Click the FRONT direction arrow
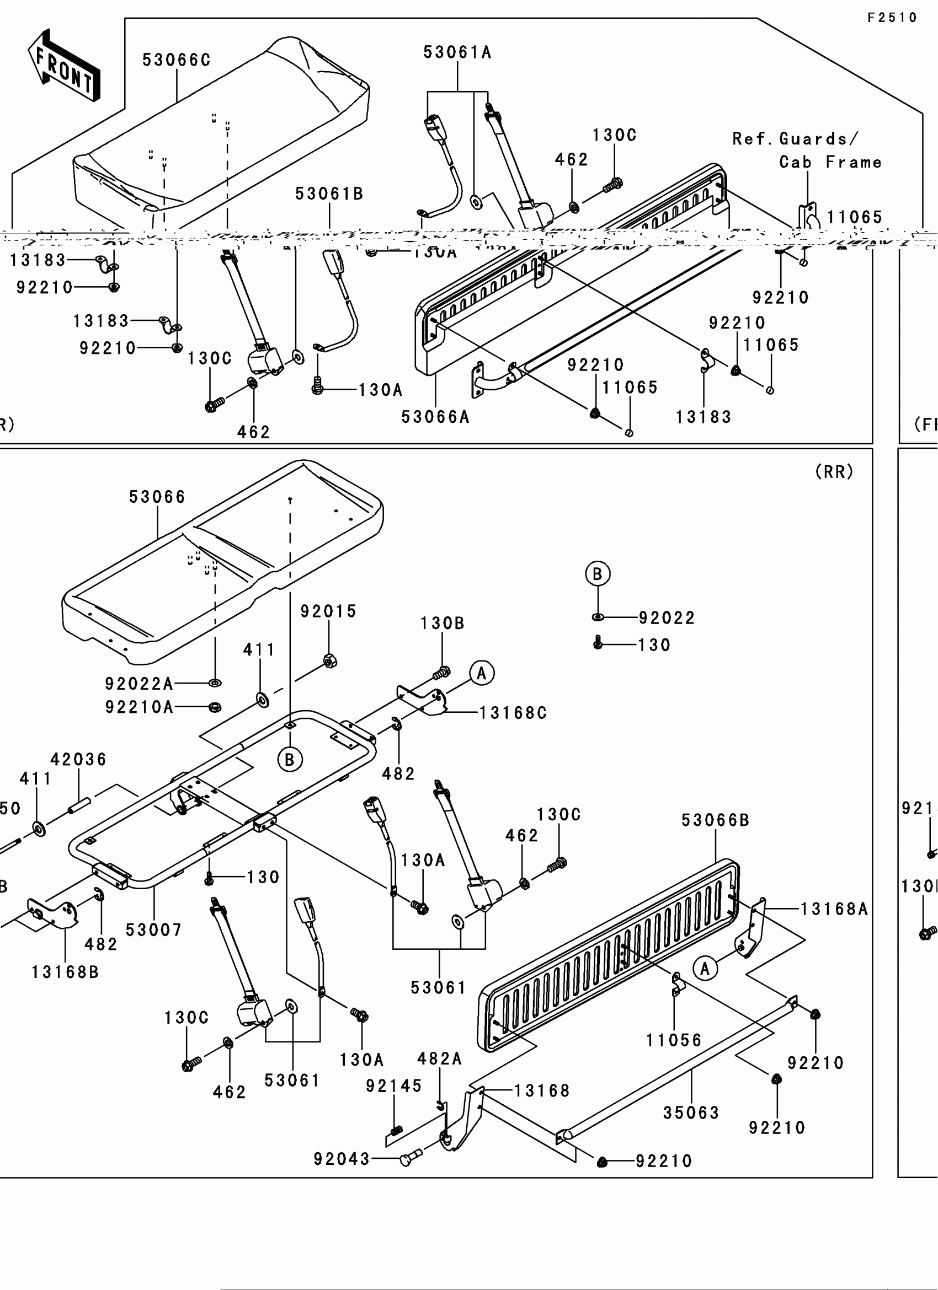[64, 66]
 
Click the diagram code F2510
[892, 18]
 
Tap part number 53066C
[177, 60]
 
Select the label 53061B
[329, 195]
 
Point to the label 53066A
[435, 417]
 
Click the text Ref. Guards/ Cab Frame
[807, 150]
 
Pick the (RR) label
[834, 472]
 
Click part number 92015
[328, 612]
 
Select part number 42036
[78, 760]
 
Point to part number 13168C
[513, 713]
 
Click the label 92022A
[139, 684]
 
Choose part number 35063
[691, 1113]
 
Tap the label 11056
[674, 1041]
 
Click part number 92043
[342, 1159]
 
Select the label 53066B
[716, 821]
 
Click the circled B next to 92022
[598, 574]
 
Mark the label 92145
[394, 1087]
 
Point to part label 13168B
[66, 972]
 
